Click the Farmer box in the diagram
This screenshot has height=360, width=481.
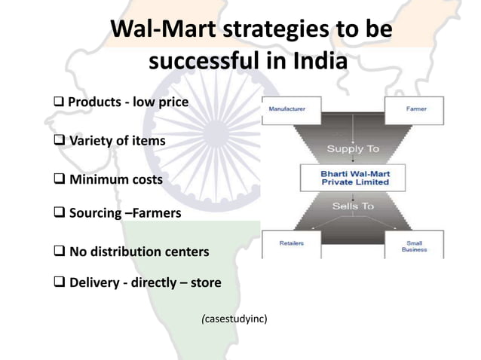click(415, 110)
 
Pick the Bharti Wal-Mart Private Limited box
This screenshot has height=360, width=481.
click(354, 178)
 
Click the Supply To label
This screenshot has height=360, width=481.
click(353, 148)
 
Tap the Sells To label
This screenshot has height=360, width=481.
click(352, 205)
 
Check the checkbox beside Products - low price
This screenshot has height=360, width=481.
click(61, 102)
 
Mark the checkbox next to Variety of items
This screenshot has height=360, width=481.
click(61, 141)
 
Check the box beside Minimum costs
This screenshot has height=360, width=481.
click(61, 180)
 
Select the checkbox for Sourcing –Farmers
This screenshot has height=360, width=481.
click(61, 213)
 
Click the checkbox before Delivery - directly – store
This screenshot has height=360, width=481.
click(61, 283)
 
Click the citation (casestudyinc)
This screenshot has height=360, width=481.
click(234, 319)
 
